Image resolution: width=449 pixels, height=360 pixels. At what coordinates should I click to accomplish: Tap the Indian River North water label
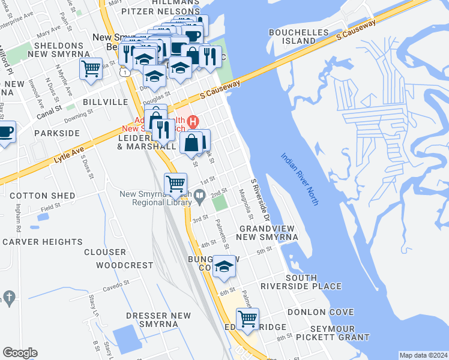tap(300, 179)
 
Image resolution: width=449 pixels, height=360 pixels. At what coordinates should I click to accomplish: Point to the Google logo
tap(20, 353)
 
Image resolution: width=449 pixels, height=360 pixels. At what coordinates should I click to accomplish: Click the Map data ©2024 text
tap(423, 355)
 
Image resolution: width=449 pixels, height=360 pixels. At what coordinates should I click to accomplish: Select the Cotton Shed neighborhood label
tap(42, 196)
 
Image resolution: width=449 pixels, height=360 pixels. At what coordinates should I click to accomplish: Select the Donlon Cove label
tap(320, 312)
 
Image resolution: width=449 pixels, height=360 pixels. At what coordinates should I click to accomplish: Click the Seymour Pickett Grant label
tap(340, 333)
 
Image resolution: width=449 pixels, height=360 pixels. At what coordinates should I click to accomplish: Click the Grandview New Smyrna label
tap(268, 233)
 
